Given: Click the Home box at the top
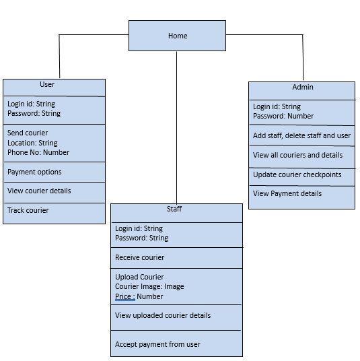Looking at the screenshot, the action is (177, 36).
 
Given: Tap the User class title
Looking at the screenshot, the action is (47, 84).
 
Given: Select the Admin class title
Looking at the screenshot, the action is (303, 87).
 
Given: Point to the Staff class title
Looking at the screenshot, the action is (174, 209).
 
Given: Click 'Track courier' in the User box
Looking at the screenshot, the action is (28, 210).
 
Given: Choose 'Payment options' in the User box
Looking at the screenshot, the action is (34, 172).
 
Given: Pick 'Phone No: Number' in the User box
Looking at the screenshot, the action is (38, 152).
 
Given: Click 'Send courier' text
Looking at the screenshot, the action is (28, 133).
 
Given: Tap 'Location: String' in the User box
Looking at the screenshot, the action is (32, 143).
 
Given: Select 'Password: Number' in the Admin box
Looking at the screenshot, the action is (283, 116).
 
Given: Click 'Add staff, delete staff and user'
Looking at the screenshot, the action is (301, 135).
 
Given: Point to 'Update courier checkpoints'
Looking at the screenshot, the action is (297, 174).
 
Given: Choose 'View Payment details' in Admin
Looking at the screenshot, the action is (287, 193).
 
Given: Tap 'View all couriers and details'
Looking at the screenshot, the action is (297, 155).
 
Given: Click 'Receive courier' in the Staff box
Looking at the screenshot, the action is (140, 257).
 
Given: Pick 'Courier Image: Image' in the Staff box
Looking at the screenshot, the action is (149, 286).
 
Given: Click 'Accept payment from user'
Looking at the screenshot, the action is (157, 344).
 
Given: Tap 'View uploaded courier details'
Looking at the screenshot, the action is (163, 315).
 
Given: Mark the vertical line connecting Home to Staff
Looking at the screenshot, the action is (177, 127).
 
